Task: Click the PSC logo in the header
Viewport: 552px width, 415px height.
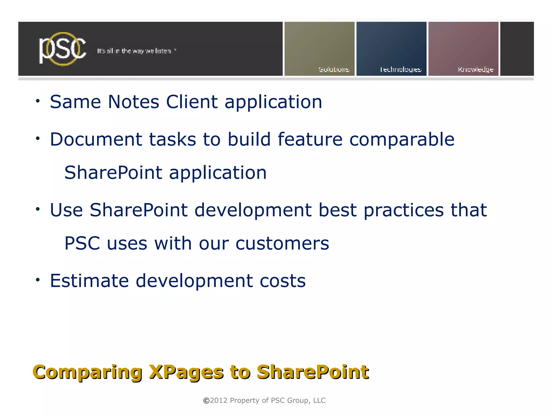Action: point(63,49)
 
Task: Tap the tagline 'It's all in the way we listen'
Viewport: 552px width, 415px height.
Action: point(137,51)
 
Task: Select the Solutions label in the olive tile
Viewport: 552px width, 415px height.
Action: point(334,69)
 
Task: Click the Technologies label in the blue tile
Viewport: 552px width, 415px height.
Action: point(401,70)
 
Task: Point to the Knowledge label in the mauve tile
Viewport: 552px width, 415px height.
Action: point(475,70)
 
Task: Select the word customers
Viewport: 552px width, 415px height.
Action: point(282,244)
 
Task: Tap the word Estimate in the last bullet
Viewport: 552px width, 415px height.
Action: point(89,281)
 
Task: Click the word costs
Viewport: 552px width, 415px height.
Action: point(282,281)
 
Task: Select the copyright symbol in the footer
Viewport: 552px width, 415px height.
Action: point(206,401)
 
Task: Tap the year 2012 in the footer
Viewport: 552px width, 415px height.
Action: point(219,400)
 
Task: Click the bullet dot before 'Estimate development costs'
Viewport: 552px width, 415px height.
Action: point(38,280)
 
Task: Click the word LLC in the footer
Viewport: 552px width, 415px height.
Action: point(319,400)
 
